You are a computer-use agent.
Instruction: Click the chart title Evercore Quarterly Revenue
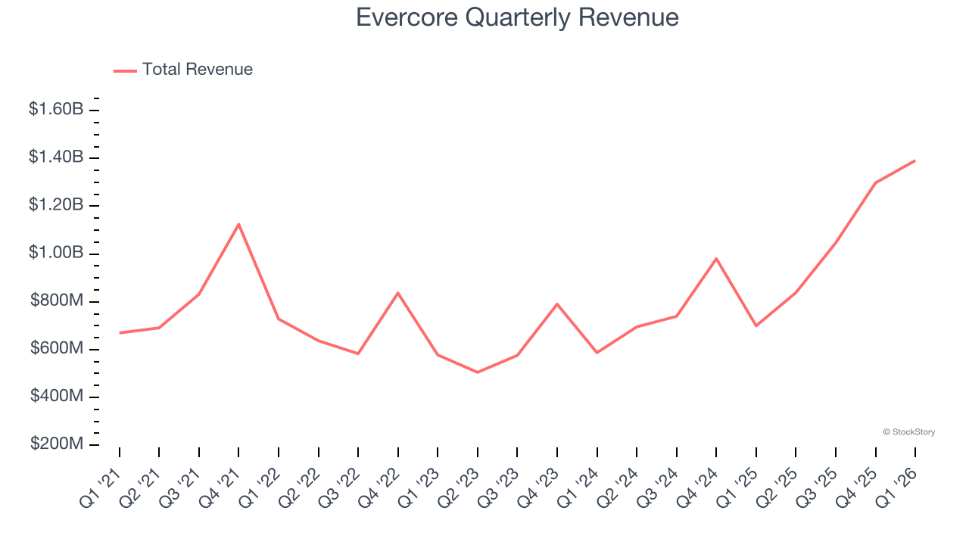point(517,17)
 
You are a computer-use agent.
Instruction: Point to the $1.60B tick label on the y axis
point(56,109)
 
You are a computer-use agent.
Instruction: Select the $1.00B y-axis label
point(56,253)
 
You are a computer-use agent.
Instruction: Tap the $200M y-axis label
point(57,444)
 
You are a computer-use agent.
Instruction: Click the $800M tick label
point(57,301)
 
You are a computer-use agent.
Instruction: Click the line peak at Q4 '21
point(239,224)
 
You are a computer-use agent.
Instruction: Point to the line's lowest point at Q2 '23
point(478,372)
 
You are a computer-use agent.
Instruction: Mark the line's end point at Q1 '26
point(915,160)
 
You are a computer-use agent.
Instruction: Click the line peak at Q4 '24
point(716,259)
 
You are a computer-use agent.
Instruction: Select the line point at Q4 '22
point(398,293)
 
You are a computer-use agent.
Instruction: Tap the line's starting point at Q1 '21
point(120,333)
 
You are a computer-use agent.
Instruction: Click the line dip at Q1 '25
point(756,325)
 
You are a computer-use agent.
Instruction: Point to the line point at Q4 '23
point(557,304)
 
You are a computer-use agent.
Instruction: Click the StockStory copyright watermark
point(908,432)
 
